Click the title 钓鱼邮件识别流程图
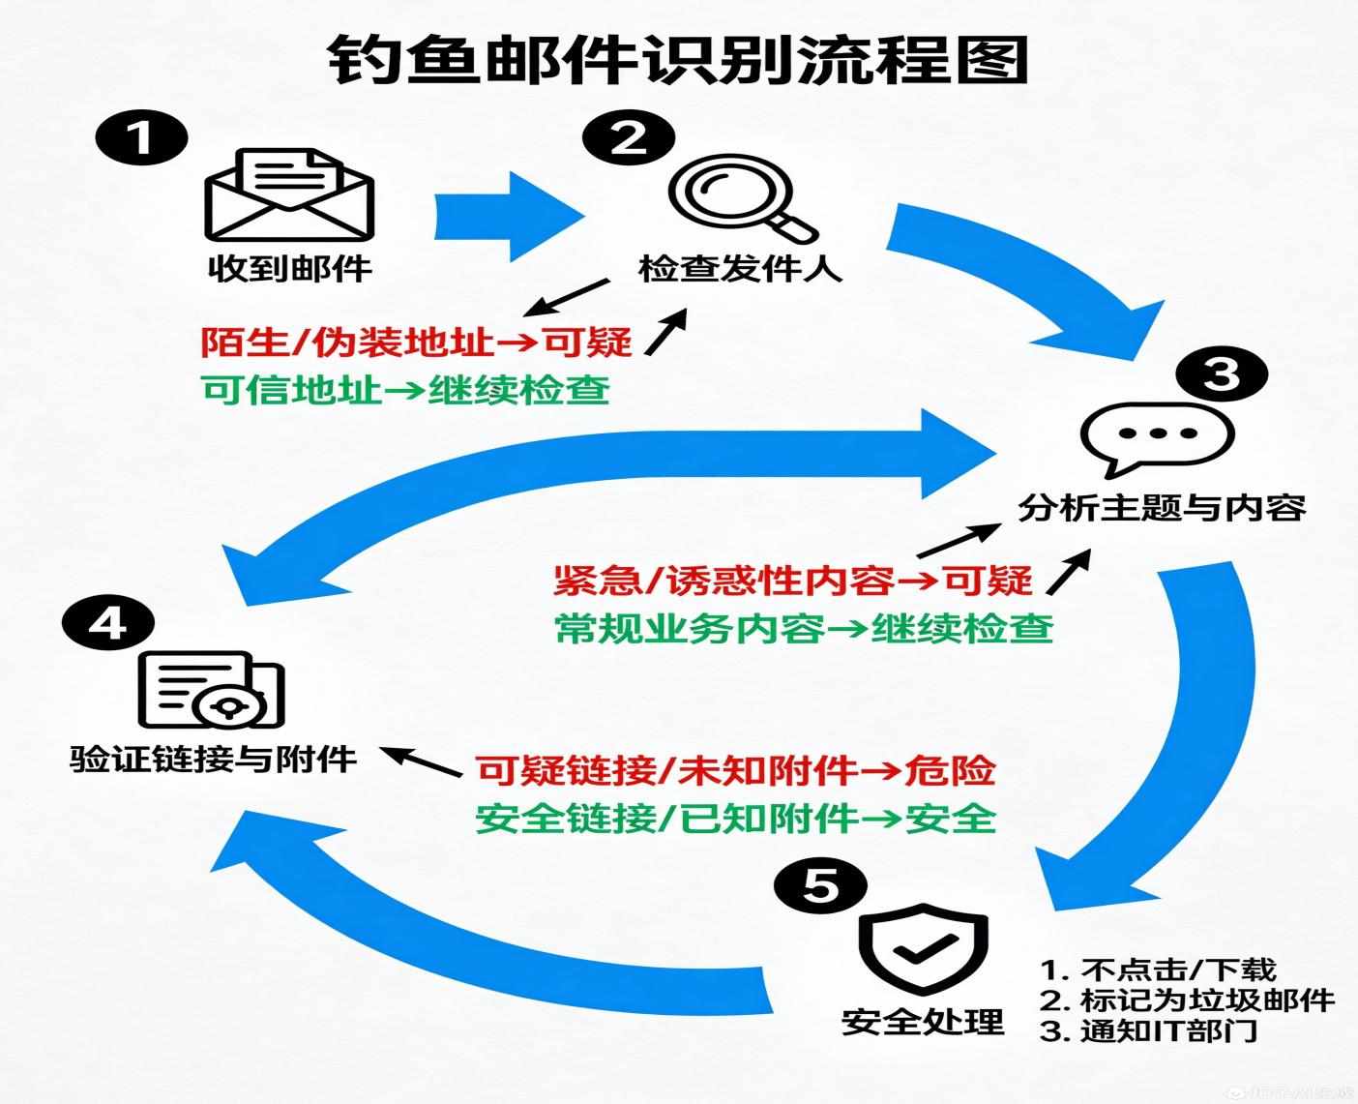(x=677, y=60)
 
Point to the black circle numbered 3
(x=1220, y=373)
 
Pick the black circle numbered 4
(x=107, y=622)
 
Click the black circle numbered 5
(x=821, y=884)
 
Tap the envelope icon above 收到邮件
(x=289, y=195)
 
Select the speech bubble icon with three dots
(x=1157, y=438)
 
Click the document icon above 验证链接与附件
(x=212, y=690)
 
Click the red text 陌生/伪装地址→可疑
(x=416, y=342)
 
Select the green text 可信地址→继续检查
(x=406, y=390)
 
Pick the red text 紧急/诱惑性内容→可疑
(x=792, y=581)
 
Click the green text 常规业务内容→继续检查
(x=804, y=629)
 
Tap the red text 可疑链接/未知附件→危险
(x=736, y=770)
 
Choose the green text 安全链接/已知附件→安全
(x=736, y=819)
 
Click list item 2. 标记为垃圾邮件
(x=1187, y=1000)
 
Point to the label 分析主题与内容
(x=1161, y=507)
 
